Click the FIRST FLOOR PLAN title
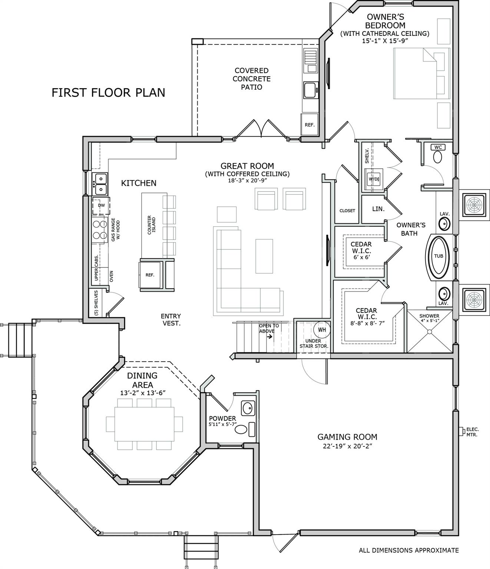click(x=108, y=93)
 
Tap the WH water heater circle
click(x=322, y=329)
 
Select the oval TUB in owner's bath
click(x=438, y=256)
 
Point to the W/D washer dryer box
click(x=373, y=179)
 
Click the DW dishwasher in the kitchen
click(x=101, y=206)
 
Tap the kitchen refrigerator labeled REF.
click(x=150, y=275)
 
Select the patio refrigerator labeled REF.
click(x=309, y=125)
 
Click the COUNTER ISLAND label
click(x=152, y=225)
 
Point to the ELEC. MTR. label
click(x=472, y=432)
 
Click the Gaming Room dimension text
click(x=347, y=446)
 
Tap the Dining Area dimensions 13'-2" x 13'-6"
click(x=142, y=393)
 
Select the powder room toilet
click(x=241, y=430)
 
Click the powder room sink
click(x=248, y=409)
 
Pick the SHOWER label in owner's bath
click(x=429, y=316)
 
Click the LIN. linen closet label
click(x=378, y=209)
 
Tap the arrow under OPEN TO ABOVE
click(x=269, y=337)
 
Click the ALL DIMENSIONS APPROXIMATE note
click(x=408, y=550)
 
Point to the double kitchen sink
click(x=100, y=184)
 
